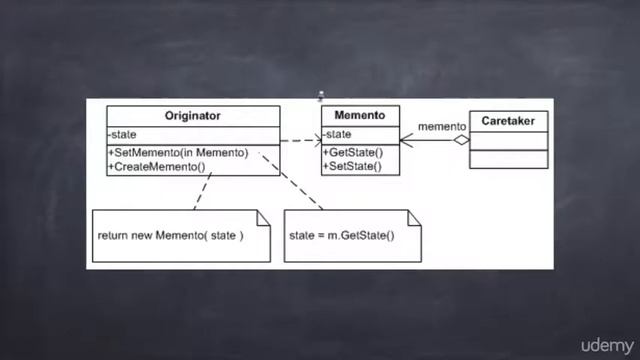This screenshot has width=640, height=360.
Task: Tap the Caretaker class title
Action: click(508, 121)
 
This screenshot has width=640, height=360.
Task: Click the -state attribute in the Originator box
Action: click(123, 135)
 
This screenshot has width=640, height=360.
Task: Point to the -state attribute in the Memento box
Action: click(339, 135)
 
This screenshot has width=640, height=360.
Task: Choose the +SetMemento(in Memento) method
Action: click(178, 152)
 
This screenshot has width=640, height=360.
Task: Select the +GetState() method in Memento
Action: click(353, 152)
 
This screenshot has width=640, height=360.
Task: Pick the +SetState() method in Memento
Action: click(353, 166)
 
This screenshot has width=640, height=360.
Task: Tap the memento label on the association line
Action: click(441, 126)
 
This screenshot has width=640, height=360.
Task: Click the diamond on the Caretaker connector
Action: click(460, 141)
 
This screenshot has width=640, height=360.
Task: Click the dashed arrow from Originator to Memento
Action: click(299, 141)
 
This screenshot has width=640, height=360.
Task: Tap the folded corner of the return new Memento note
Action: click(264, 215)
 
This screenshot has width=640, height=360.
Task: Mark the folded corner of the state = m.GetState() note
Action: click(413, 215)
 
